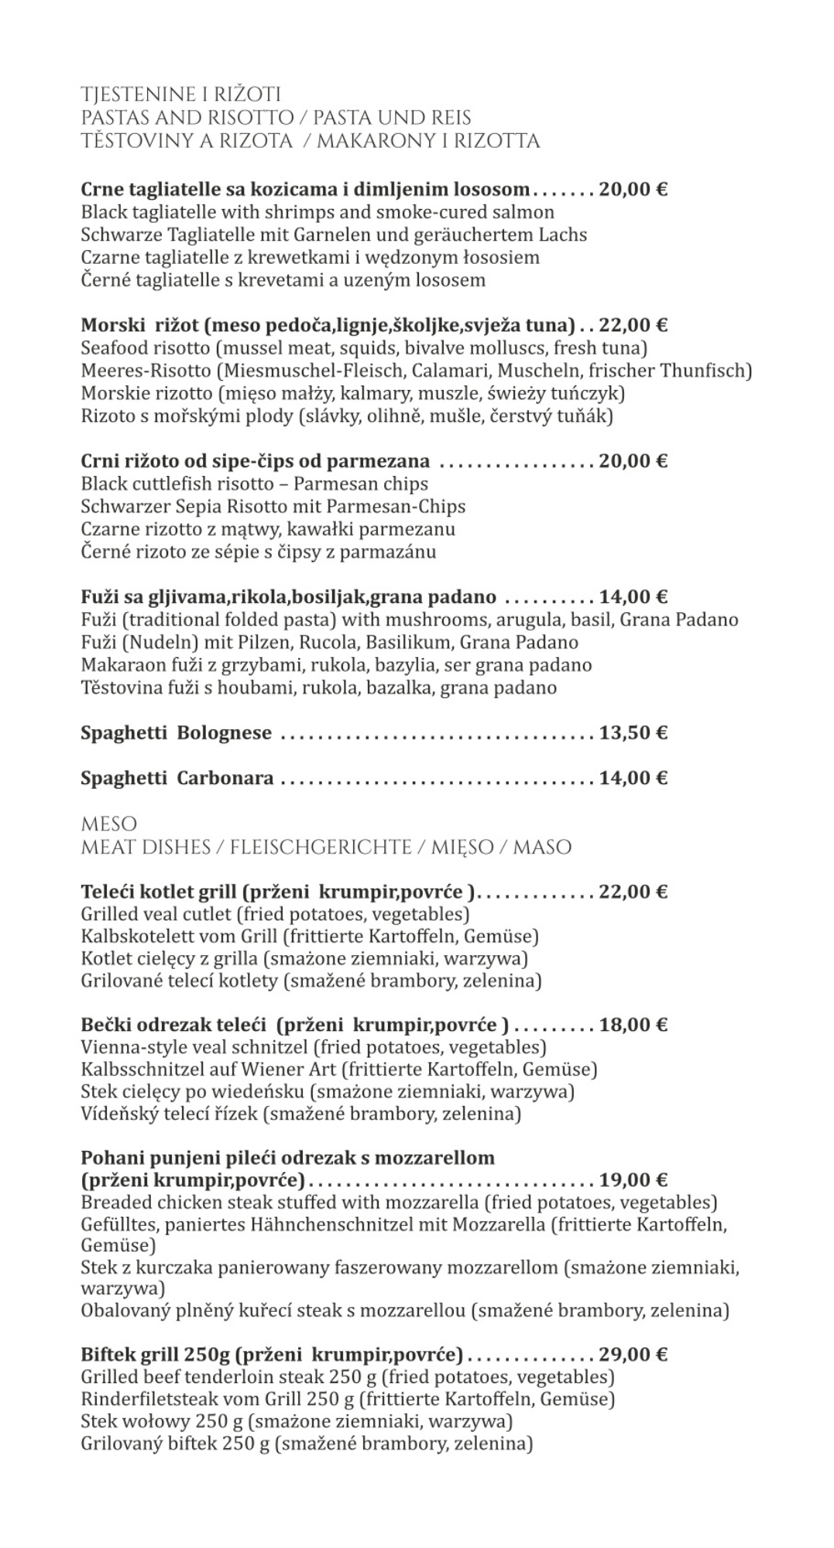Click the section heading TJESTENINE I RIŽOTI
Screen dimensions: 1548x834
[x=180, y=94]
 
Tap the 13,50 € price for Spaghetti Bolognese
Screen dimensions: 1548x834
[x=633, y=732]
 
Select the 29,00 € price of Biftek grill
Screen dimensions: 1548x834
[x=633, y=1354]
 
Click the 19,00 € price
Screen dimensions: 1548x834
[x=633, y=1180]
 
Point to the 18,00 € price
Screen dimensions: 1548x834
[x=633, y=1025]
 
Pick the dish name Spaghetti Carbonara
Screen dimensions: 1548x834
[x=177, y=777]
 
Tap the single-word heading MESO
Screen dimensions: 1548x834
[x=108, y=824]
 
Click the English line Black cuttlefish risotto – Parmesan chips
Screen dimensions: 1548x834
[x=254, y=484]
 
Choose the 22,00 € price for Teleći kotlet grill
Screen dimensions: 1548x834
[x=633, y=892]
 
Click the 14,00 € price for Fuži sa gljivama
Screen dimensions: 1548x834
[x=633, y=597]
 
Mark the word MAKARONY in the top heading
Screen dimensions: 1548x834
[x=372, y=141]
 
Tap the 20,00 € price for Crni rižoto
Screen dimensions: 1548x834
[x=633, y=461]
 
